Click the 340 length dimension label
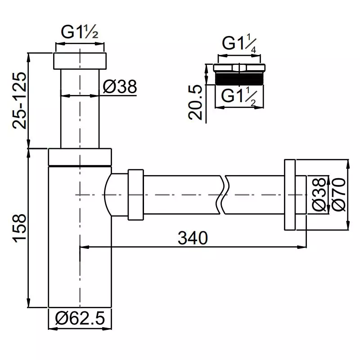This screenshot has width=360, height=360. pyautogui.click(x=193, y=238)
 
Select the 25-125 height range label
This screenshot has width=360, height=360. pyautogui.click(x=19, y=100)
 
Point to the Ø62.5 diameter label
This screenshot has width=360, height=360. pyautogui.click(x=80, y=318)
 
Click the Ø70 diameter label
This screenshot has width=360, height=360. pyautogui.click(x=339, y=195)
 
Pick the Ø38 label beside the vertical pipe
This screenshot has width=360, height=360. pyautogui.click(x=120, y=86)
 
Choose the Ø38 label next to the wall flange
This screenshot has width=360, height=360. pyautogui.click(x=319, y=195)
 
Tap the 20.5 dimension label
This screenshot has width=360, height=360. pyautogui.click(x=195, y=102)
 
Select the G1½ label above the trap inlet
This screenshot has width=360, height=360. pyautogui.click(x=80, y=32)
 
